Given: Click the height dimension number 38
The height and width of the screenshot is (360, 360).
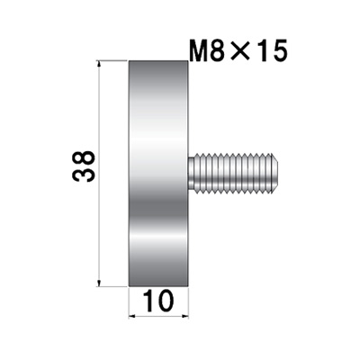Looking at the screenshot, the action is click(84, 166).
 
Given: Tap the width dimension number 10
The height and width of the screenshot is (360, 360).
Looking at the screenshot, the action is click(158, 301).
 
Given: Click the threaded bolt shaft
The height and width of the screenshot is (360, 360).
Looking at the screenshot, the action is click(234, 173).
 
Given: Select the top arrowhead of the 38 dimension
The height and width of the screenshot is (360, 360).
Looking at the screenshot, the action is click(99, 64).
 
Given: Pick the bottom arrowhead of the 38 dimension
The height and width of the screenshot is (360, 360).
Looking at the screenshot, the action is click(99, 283).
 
